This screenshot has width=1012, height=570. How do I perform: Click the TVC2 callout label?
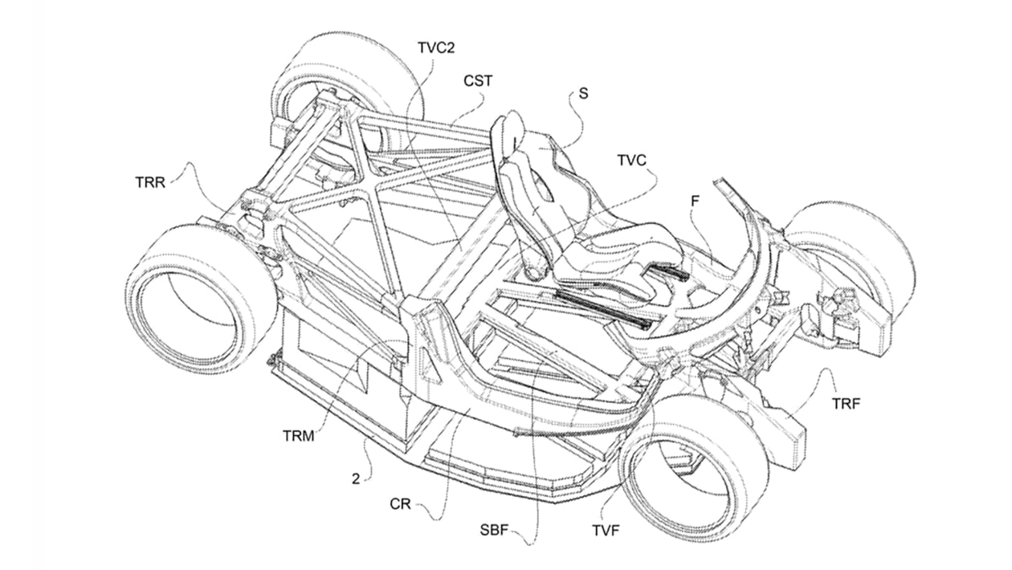click(x=436, y=48)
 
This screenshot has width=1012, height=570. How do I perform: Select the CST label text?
click(x=478, y=81)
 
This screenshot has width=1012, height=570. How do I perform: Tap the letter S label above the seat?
click(x=583, y=93)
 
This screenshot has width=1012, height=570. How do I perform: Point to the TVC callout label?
click(x=631, y=161)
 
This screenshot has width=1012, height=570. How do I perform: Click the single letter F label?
click(x=695, y=201)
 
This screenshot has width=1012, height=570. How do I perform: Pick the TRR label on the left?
click(x=150, y=182)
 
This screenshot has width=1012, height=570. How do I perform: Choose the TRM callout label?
click(x=298, y=436)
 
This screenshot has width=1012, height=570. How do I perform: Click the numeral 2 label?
click(x=356, y=479)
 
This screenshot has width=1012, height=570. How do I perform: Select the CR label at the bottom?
click(x=400, y=504)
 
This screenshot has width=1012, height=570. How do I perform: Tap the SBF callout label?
click(x=494, y=530)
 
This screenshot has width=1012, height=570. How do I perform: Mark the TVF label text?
click(x=606, y=530)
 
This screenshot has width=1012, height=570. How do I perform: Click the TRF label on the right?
click(x=847, y=404)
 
